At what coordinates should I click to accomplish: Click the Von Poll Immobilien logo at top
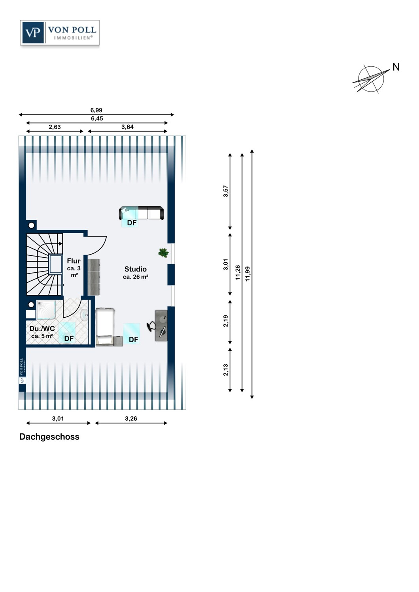coord(60,32)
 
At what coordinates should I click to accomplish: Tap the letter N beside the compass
coord(396,67)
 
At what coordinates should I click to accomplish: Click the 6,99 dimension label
coord(96,110)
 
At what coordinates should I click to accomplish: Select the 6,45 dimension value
coord(97,118)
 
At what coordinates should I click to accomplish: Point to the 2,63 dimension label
coord(55,127)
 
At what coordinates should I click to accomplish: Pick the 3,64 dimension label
coord(127,127)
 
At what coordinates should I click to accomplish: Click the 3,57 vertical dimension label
coord(226,191)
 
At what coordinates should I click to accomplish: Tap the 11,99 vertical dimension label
coord(247,274)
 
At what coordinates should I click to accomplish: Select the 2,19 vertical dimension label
coord(226,321)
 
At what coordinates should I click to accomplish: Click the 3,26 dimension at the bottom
coord(131,418)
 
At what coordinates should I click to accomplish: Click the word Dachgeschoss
coord(49,437)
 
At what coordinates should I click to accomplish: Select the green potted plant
coord(163,253)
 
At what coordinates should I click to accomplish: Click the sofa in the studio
coord(142,213)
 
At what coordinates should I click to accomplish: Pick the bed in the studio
coord(106,327)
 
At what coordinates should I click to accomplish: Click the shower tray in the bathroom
coord(46,310)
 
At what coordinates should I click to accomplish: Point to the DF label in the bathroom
coord(69,339)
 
